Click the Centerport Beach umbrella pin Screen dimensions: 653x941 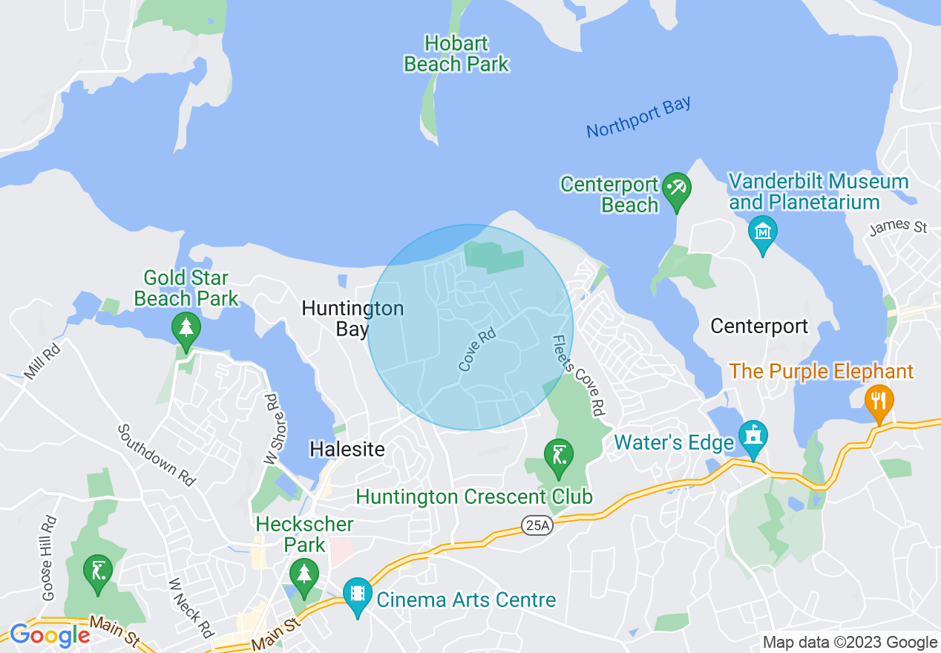(676, 189)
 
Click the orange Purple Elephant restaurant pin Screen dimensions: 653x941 (879, 401)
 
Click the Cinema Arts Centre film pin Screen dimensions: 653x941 (358, 594)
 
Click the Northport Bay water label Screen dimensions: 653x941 (638, 117)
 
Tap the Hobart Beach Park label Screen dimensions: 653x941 (456, 54)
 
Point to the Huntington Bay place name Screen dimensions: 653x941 (353, 318)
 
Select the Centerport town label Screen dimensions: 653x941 (758, 326)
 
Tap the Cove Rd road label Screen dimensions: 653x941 (476, 350)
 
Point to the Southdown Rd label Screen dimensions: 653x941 (157, 455)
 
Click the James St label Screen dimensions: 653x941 (898, 226)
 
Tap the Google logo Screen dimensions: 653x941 (50, 636)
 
